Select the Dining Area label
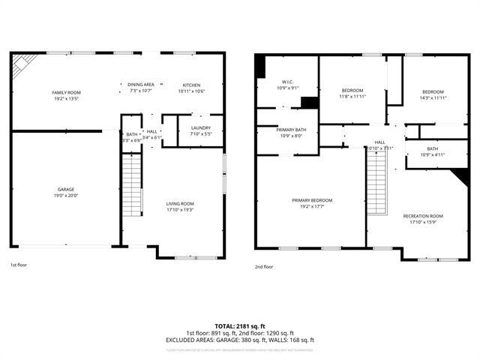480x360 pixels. coord(140,85)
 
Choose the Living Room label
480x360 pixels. coord(180,203)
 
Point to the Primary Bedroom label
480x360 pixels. coord(312,200)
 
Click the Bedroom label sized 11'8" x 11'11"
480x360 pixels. coord(352,91)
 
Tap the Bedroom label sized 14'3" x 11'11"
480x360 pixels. coord(432,91)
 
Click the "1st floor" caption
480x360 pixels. coord(19,265)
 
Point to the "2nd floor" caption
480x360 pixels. coord(264,266)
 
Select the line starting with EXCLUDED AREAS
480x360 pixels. coord(240,340)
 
